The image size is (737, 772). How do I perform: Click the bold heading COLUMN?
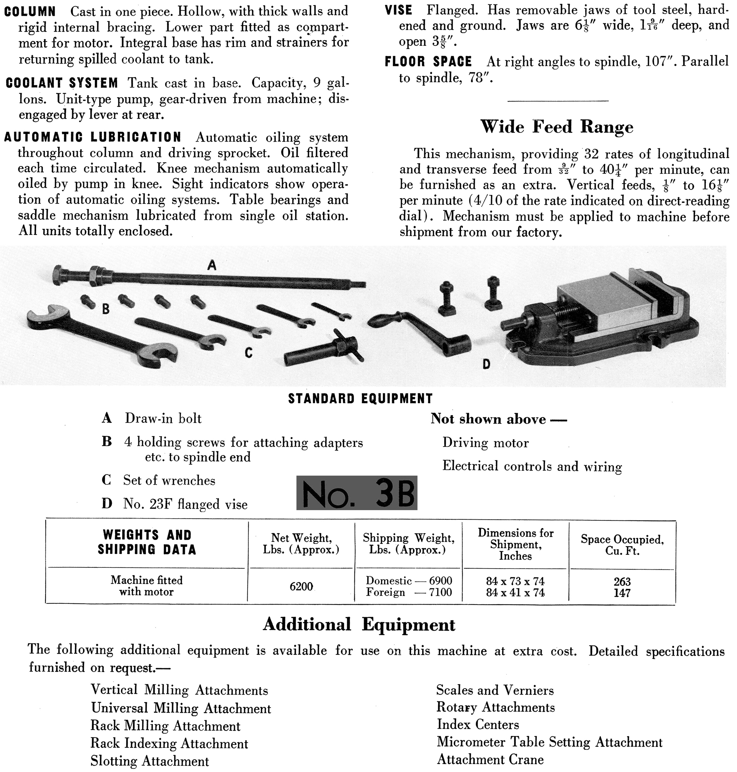coord(30,11)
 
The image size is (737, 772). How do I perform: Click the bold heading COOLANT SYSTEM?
coord(62,83)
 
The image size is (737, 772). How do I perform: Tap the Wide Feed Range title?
coord(557,127)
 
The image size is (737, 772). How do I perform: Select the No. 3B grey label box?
coord(356,493)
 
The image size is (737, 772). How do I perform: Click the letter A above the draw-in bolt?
coord(212,266)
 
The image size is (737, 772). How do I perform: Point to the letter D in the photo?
coord(486,365)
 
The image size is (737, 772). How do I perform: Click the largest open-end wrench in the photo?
coord(98,332)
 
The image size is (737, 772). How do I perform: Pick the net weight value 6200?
coord(301,587)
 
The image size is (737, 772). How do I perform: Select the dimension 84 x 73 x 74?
coord(515,581)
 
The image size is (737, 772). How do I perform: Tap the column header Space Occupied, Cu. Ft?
coord(622,545)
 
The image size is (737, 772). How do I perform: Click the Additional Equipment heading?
coord(359,624)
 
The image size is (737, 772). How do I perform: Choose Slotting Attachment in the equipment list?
coord(150,761)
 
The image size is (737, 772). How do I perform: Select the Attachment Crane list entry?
coord(490,759)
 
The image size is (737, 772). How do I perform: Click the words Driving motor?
coord(485,443)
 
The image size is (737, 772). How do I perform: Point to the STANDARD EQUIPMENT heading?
coord(360,398)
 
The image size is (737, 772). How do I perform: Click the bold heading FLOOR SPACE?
coord(428,62)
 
